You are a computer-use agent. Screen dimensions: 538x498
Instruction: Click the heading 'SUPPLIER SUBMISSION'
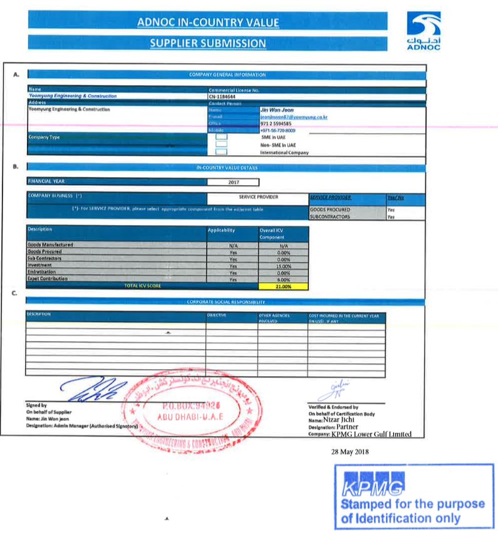(207, 43)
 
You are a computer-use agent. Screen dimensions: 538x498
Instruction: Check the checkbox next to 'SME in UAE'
(220, 137)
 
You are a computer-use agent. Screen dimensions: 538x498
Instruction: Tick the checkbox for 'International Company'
(220, 152)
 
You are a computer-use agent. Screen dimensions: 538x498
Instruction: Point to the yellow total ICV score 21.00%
(283, 286)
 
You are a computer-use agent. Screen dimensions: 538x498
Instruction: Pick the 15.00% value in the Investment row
(283, 265)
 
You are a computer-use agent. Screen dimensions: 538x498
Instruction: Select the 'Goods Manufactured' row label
(51, 245)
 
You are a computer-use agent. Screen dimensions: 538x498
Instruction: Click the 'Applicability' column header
(221, 230)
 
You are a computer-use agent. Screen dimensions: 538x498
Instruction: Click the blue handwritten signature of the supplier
(94, 389)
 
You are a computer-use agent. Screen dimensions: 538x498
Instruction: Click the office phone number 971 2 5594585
(278, 124)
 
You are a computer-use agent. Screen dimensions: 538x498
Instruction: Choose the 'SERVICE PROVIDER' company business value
(258, 197)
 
